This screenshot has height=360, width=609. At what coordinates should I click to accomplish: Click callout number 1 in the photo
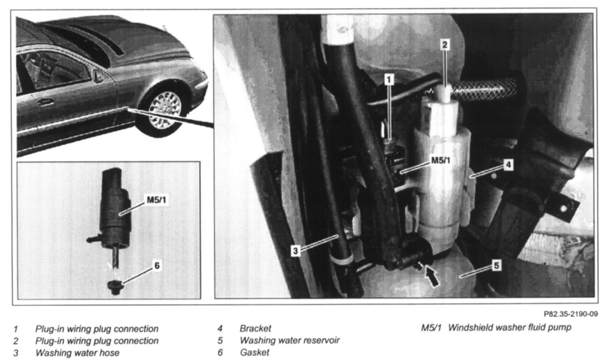point(389,80)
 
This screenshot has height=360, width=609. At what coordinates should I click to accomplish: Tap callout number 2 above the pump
point(445,45)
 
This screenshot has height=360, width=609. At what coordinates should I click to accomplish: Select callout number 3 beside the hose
point(295,251)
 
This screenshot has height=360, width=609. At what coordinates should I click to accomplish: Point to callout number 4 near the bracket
point(508,165)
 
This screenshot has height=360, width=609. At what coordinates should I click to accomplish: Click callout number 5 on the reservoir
point(497,265)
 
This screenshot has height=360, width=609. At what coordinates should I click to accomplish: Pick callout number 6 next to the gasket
point(157,265)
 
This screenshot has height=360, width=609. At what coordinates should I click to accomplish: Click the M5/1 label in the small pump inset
point(156,200)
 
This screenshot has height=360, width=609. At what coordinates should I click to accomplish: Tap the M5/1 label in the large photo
point(441,161)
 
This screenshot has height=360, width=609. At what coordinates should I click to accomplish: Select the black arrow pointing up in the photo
point(432,276)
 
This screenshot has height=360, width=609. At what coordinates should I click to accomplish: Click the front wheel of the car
point(165,110)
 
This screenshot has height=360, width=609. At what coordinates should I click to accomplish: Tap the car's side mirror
point(98,76)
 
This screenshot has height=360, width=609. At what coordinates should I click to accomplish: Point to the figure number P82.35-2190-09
point(570,314)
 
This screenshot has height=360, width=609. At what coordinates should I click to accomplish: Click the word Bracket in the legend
point(255,328)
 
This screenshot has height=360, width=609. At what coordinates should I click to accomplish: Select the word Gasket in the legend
point(254,353)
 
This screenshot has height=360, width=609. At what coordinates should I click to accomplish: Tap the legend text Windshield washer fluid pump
point(509,328)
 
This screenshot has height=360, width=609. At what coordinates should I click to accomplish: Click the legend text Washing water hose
point(78,353)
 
